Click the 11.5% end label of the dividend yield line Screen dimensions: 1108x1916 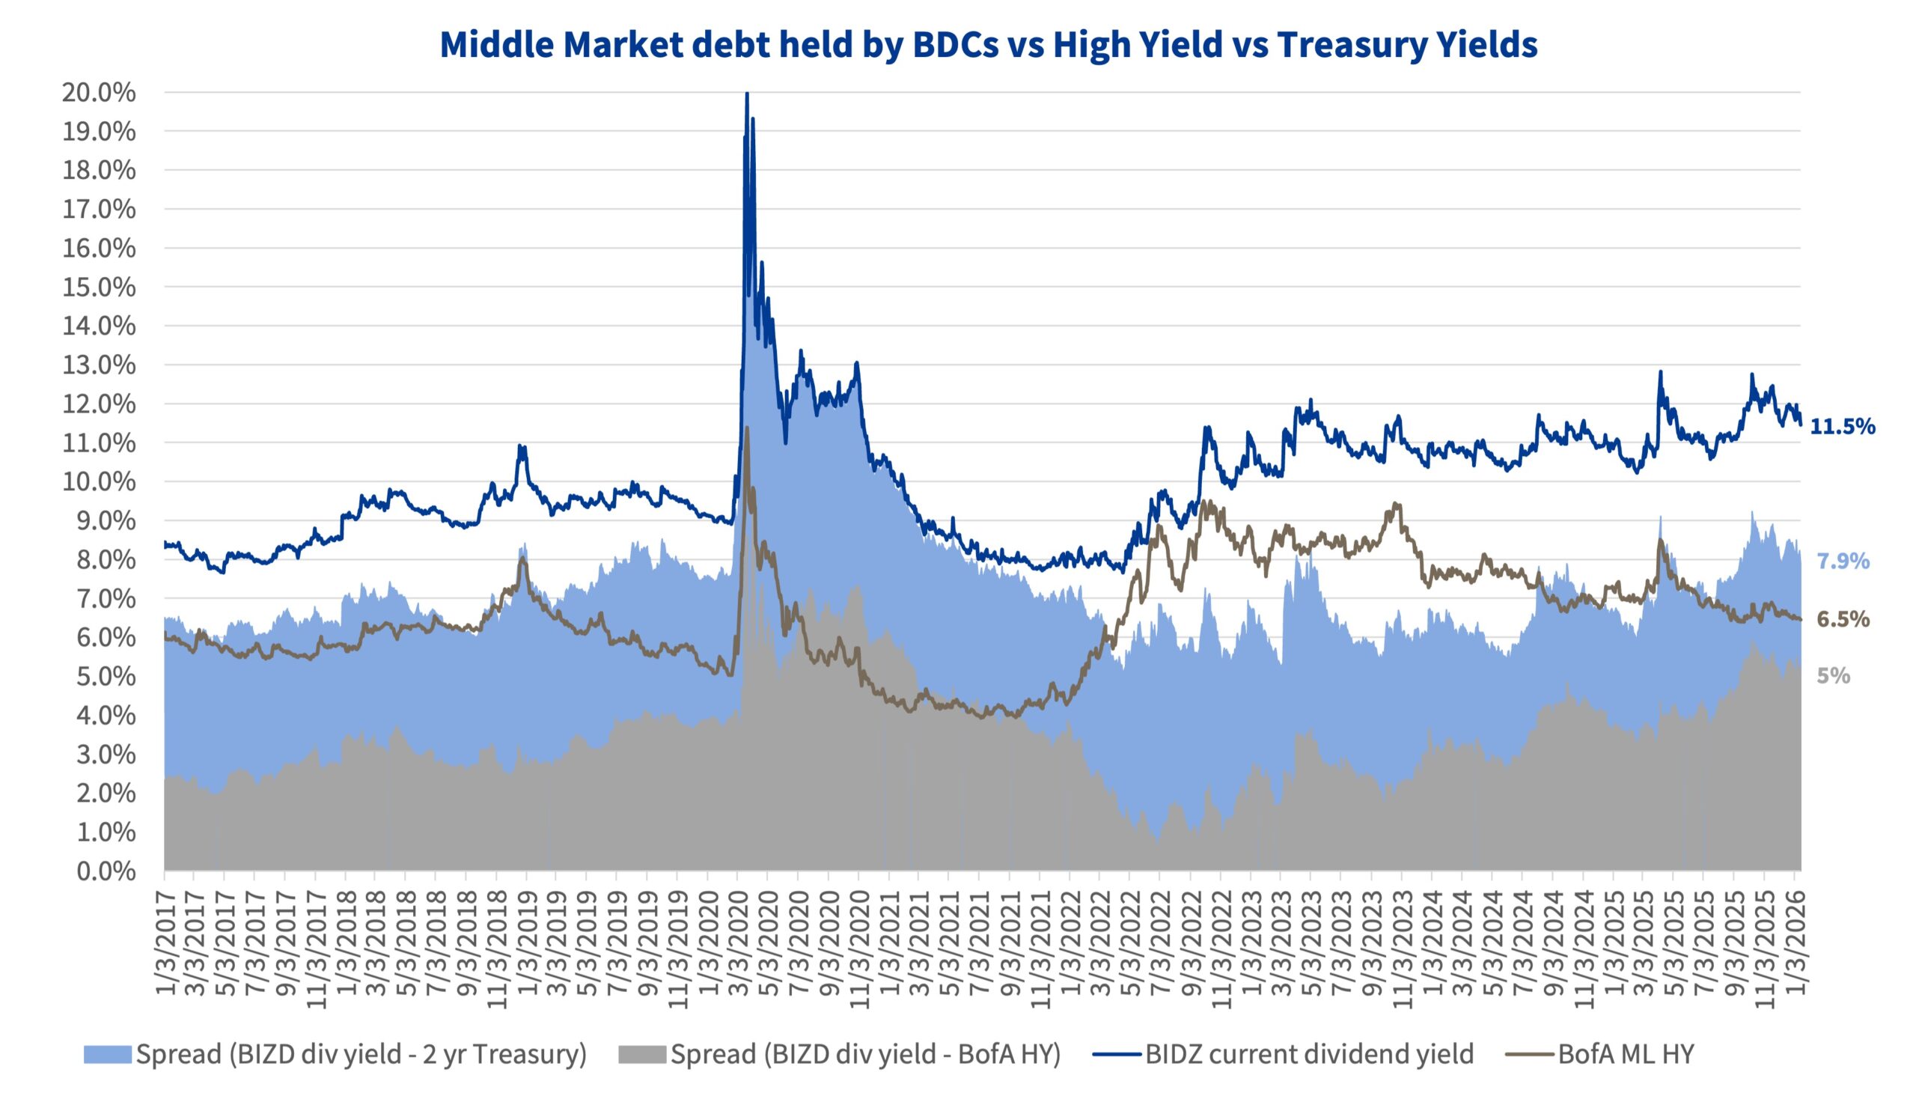[1842, 427]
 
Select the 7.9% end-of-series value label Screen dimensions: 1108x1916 [1843, 562]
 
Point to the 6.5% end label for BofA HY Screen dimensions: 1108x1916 [1843, 620]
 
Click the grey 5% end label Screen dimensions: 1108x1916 [1833, 676]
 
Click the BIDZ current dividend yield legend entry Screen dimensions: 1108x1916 [1309, 1054]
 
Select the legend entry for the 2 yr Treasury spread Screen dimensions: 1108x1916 [361, 1054]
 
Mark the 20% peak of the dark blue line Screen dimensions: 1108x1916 [748, 94]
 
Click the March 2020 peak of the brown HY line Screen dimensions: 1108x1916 [747, 428]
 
